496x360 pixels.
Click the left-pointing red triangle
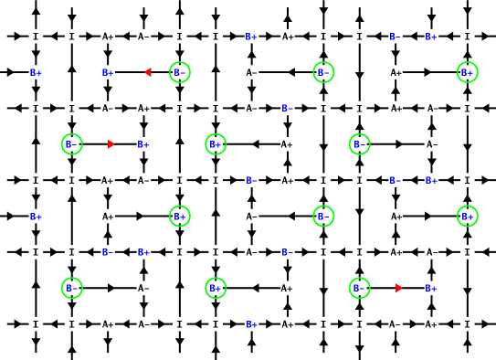[147, 72]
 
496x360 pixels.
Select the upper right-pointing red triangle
[111, 144]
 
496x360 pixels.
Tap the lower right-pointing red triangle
[398, 288]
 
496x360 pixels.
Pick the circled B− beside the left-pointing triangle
[180, 72]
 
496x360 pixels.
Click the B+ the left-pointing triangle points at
[108, 73]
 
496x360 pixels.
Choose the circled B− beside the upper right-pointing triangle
[72, 144]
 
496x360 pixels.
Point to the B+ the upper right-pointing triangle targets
[143, 144]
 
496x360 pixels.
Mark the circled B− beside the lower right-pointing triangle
[359, 288]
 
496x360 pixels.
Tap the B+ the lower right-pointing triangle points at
[430, 289]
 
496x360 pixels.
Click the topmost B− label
[395, 37]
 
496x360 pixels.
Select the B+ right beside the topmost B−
[430, 37]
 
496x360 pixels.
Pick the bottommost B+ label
[251, 324]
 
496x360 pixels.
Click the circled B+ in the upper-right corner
[467, 72]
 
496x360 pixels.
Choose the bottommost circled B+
[216, 288]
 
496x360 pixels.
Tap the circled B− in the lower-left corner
[72, 288]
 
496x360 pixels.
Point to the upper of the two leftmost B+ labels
[36, 73]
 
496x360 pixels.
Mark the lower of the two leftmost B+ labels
[36, 217]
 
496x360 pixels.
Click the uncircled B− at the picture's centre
[251, 181]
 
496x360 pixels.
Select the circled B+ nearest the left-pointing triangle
[216, 144]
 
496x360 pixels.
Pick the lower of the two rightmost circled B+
[467, 217]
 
